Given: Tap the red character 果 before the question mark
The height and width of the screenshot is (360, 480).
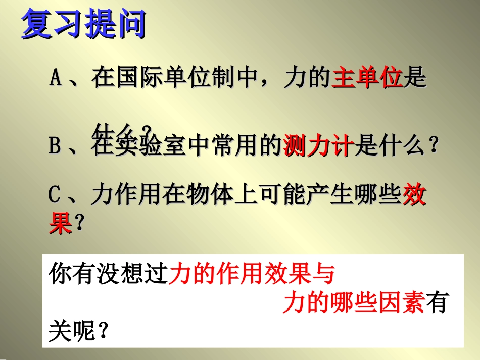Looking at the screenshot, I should pos(61,222).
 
